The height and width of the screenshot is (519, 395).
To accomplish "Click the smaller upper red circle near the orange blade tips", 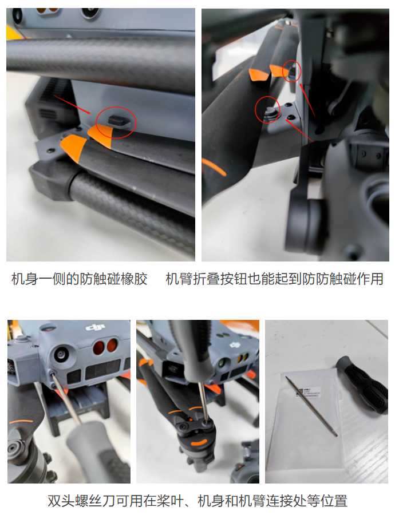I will (292, 71).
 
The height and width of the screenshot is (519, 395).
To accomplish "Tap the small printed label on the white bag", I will (310, 391).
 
